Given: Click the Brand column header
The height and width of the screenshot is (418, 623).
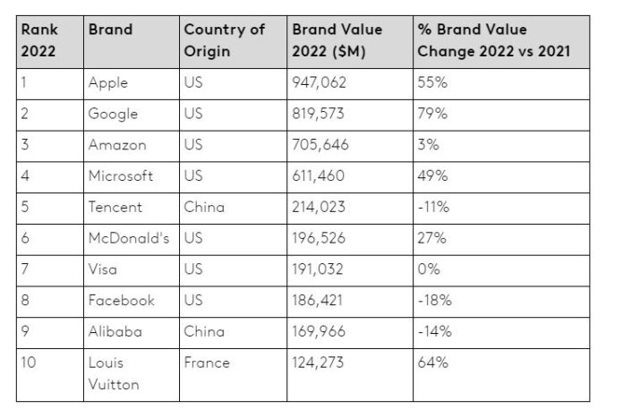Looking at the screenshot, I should [110, 30].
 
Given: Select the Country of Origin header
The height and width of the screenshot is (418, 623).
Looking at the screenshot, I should [225, 40].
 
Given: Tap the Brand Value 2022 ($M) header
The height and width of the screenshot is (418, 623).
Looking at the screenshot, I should [337, 40].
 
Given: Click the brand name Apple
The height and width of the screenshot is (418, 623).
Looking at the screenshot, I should [108, 83].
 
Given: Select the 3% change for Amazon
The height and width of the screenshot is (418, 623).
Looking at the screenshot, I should [427, 145].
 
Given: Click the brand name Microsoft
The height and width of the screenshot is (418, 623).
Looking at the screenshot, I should [121, 176].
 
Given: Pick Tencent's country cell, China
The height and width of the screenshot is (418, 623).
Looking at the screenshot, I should [204, 208].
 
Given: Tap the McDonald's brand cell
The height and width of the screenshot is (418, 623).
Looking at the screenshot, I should [129, 238].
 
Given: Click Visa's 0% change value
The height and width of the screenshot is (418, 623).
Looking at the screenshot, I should [429, 269].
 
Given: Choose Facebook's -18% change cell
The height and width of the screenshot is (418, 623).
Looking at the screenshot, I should [433, 301].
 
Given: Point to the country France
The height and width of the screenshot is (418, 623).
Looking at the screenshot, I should [207, 363].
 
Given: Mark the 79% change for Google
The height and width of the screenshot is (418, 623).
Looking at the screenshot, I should [432, 115].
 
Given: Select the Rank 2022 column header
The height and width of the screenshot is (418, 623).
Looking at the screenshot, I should [38, 40].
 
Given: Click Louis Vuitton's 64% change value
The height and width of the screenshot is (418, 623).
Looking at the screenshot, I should [432, 363].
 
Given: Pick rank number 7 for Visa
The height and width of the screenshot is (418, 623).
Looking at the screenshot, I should [26, 269].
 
